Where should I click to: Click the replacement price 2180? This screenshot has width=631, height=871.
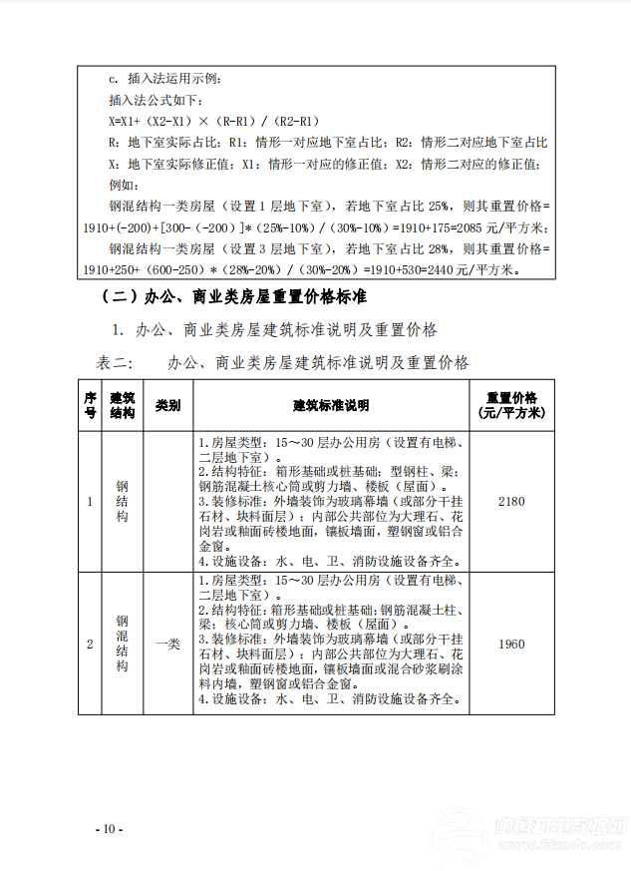point(510,501)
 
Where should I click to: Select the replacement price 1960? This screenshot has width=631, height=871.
point(510,644)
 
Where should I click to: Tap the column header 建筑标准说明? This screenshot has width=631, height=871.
point(331,406)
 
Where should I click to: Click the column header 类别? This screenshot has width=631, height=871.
point(167,406)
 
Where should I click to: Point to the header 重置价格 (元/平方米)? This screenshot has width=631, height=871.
point(510,405)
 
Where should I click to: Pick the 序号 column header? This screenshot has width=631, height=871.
point(90,405)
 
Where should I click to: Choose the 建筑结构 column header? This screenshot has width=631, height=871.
point(122,405)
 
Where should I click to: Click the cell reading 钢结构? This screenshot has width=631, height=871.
point(122,501)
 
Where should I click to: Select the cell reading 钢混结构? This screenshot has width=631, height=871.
point(122,644)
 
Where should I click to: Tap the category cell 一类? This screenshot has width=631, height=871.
point(167,645)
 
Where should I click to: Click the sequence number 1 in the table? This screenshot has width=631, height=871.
point(90,501)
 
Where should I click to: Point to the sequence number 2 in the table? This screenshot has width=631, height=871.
point(90,645)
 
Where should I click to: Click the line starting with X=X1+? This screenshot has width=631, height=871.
point(213,121)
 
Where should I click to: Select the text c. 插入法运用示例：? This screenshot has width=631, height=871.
point(165,79)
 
